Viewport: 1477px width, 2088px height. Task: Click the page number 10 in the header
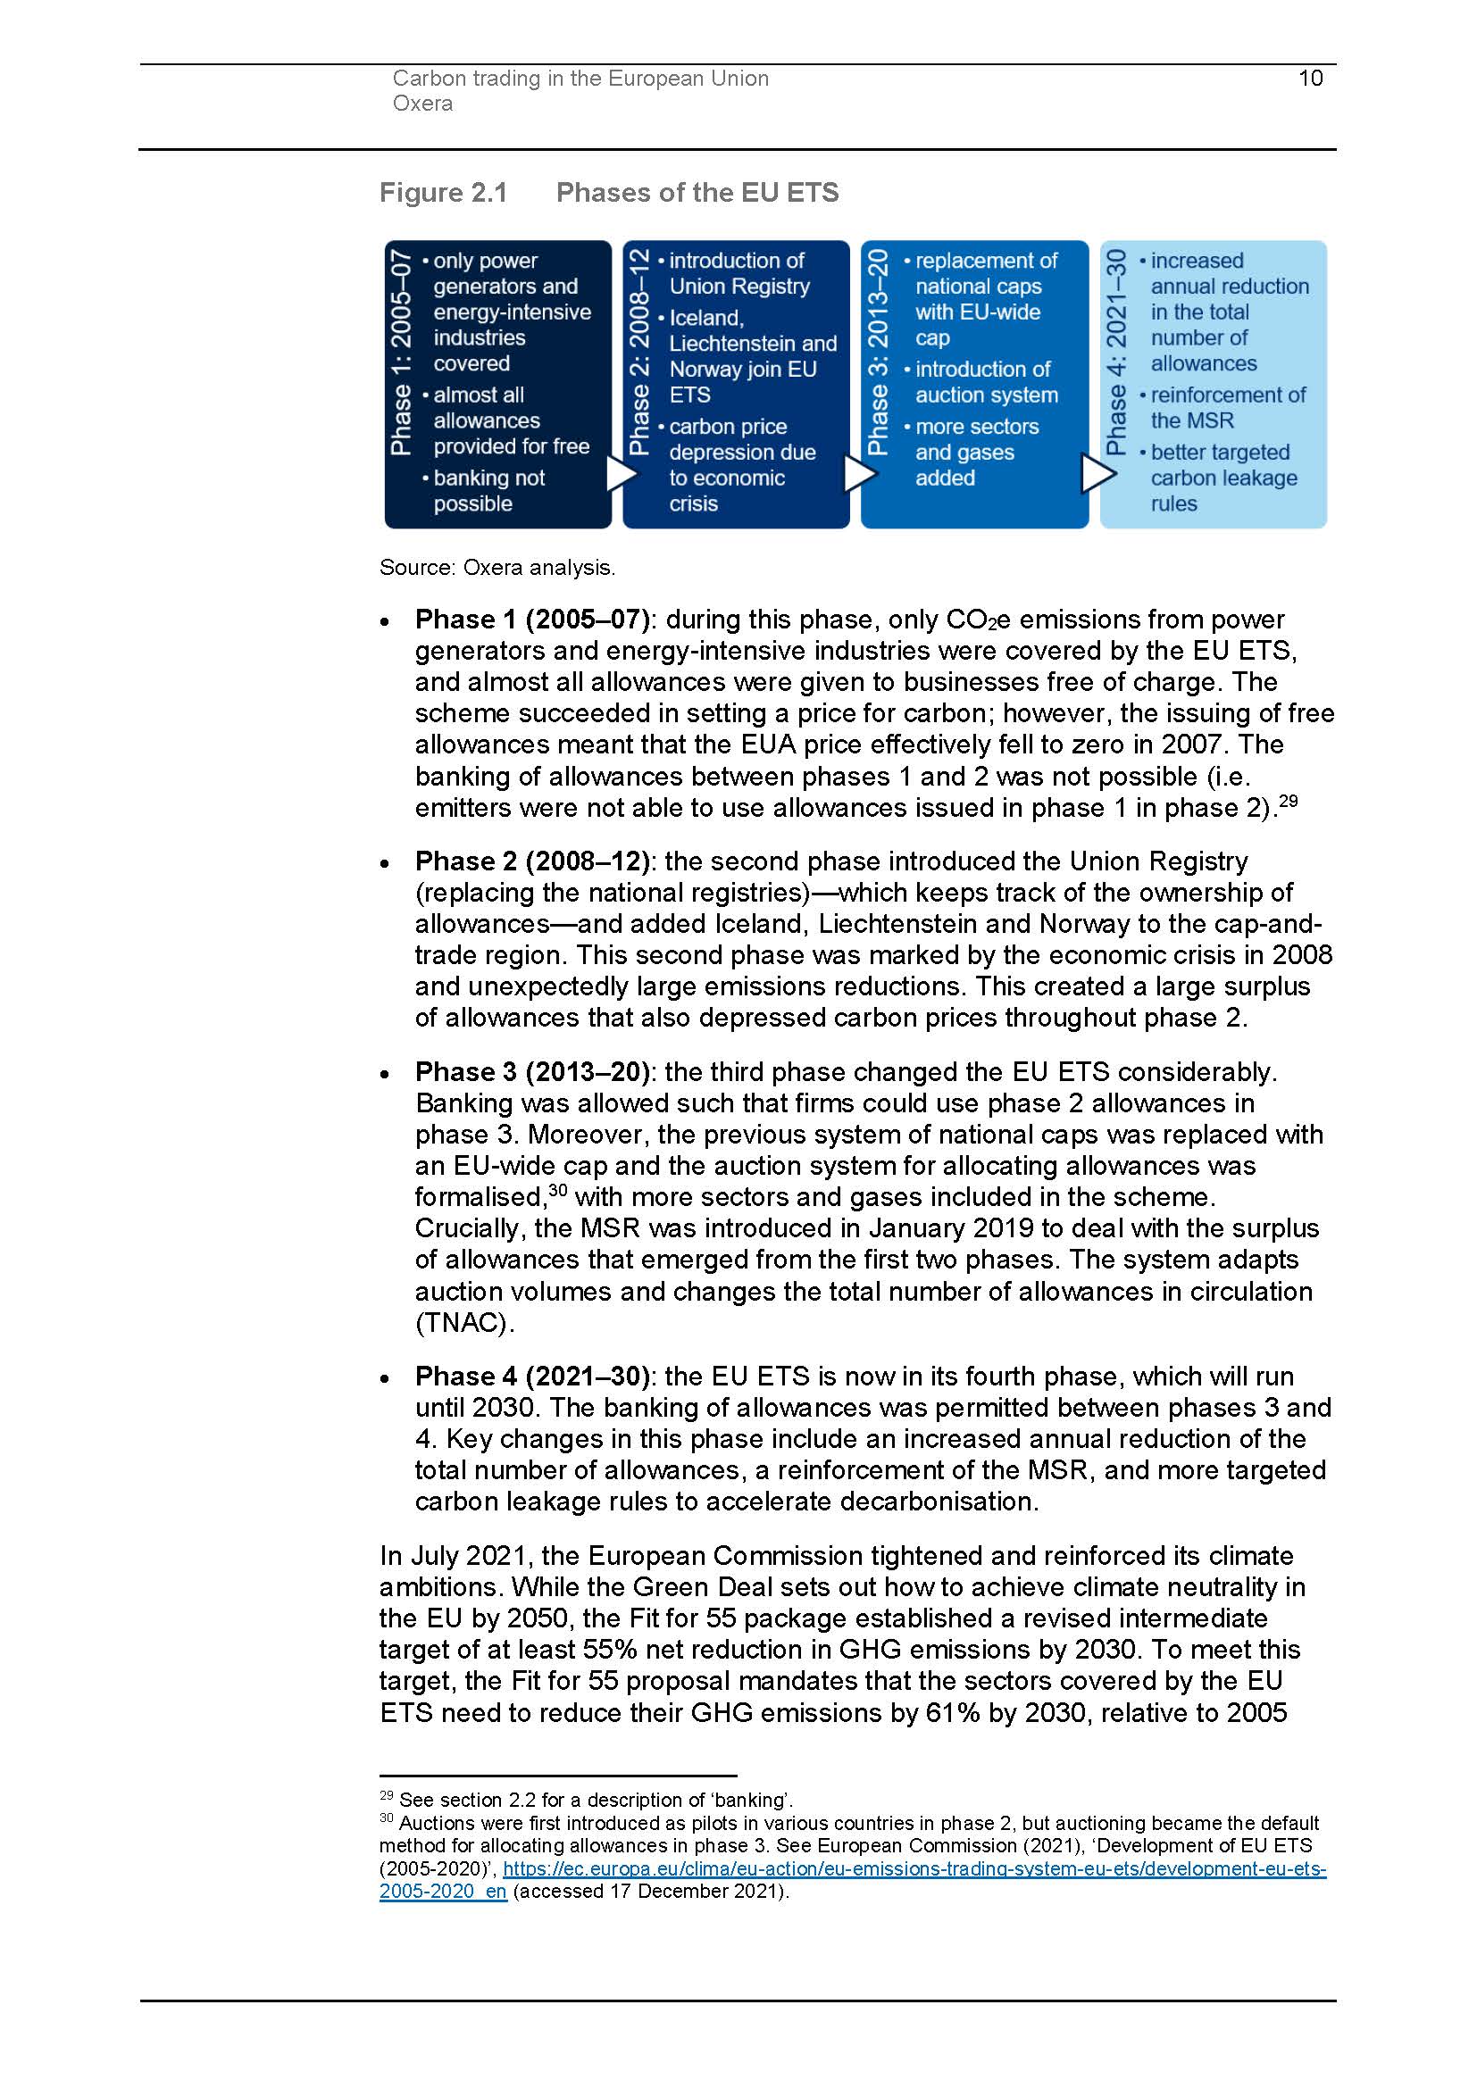tap(1310, 79)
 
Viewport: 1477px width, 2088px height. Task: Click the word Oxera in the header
tap(422, 104)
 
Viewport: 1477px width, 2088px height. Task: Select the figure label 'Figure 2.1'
tap(443, 193)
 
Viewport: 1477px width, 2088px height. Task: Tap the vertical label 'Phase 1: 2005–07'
tap(401, 354)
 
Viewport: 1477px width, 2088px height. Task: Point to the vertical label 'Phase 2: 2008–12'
tap(639, 352)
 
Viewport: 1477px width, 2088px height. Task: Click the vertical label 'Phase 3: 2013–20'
tap(878, 352)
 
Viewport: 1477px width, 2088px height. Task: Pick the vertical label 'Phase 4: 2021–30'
tap(1116, 352)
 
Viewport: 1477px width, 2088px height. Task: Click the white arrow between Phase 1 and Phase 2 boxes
tap(622, 473)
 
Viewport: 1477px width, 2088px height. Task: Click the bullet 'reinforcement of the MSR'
tap(1227, 408)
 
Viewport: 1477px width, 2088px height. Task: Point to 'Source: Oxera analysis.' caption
tap(497, 568)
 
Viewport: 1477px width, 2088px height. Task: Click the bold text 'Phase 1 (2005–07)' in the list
tap(532, 620)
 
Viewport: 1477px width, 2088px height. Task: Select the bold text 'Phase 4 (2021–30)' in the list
tap(532, 1376)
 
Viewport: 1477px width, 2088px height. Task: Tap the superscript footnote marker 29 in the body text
tap(1288, 801)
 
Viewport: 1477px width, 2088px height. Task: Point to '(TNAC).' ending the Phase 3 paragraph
tap(464, 1322)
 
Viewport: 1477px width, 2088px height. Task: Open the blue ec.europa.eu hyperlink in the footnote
tap(914, 1868)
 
